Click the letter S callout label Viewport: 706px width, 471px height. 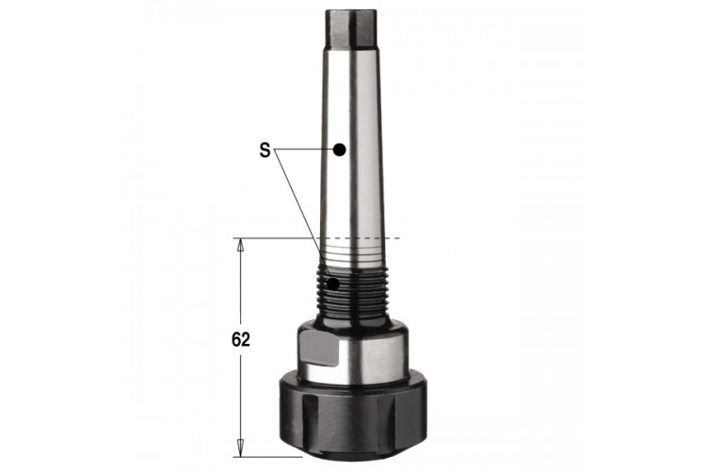(265, 150)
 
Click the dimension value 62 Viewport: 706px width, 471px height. (240, 339)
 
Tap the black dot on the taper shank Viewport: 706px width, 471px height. (340, 150)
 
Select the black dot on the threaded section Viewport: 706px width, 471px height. (334, 284)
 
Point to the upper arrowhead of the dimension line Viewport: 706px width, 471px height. (240, 244)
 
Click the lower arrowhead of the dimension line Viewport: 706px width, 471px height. (240, 447)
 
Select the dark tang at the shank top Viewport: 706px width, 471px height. (350, 28)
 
